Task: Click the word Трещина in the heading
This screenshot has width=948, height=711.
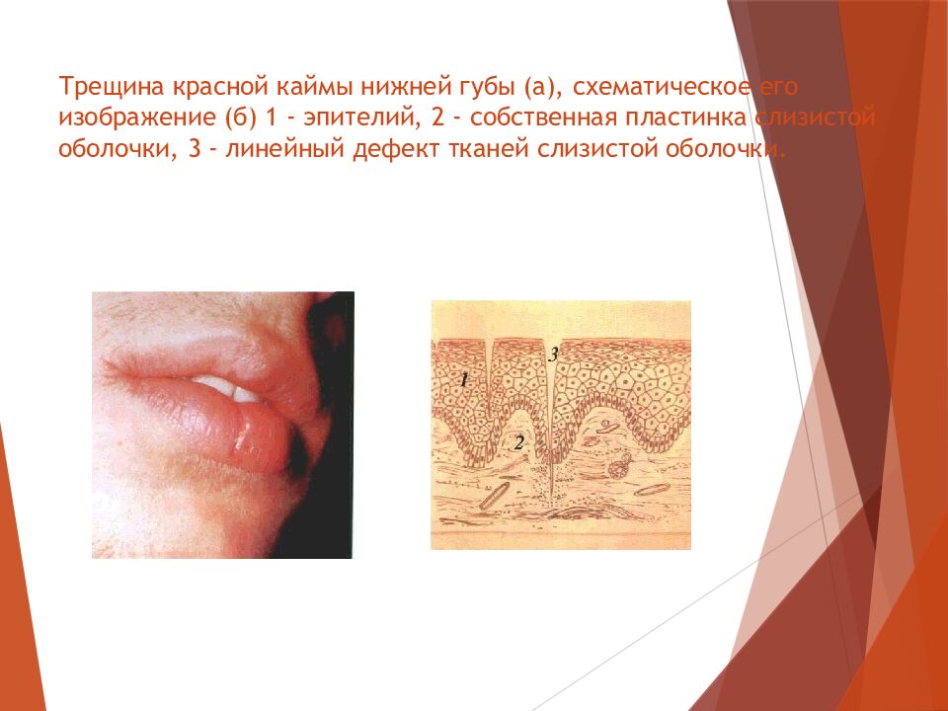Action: (x=112, y=87)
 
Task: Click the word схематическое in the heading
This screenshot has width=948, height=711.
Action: (x=662, y=87)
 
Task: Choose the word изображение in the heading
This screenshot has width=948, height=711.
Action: (x=137, y=118)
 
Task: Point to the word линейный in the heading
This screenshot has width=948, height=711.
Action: (x=285, y=149)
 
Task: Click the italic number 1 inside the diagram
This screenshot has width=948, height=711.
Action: (x=464, y=379)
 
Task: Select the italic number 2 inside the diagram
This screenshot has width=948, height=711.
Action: (x=518, y=443)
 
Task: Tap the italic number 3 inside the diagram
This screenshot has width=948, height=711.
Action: (x=553, y=355)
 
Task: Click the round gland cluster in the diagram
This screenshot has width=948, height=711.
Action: (x=620, y=467)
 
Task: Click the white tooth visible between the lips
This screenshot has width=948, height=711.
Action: (x=228, y=388)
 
